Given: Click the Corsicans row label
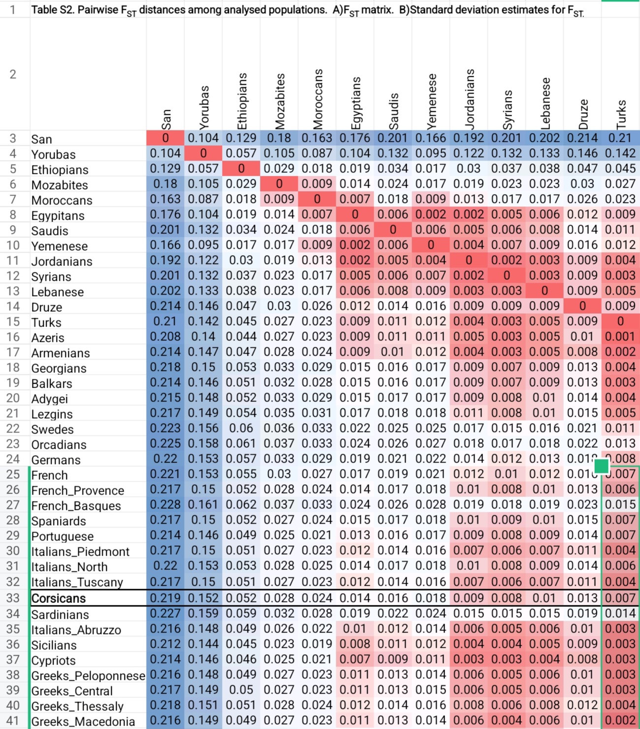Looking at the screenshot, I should (59, 598).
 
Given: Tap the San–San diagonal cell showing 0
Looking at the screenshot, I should (165, 138).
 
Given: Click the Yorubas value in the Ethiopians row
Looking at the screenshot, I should (203, 169).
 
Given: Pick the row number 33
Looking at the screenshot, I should (13, 598).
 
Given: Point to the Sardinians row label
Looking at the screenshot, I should (61, 615).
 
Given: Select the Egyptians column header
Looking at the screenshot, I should (356, 103).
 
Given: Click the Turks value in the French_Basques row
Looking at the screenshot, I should (620, 505).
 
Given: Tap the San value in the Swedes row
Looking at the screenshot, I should (165, 429).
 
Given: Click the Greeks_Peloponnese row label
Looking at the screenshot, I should (88, 676).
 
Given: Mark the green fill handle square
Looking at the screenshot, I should (602, 466).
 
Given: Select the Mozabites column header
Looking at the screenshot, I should (280, 101).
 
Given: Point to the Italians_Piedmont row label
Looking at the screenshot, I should (80, 552).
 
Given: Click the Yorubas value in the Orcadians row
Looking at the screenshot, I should (203, 444).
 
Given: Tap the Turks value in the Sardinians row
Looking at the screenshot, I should (620, 614).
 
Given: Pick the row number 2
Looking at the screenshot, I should (13, 74).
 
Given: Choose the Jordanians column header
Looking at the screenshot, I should (470, 99).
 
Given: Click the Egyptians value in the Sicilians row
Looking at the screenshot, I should (354, 644).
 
